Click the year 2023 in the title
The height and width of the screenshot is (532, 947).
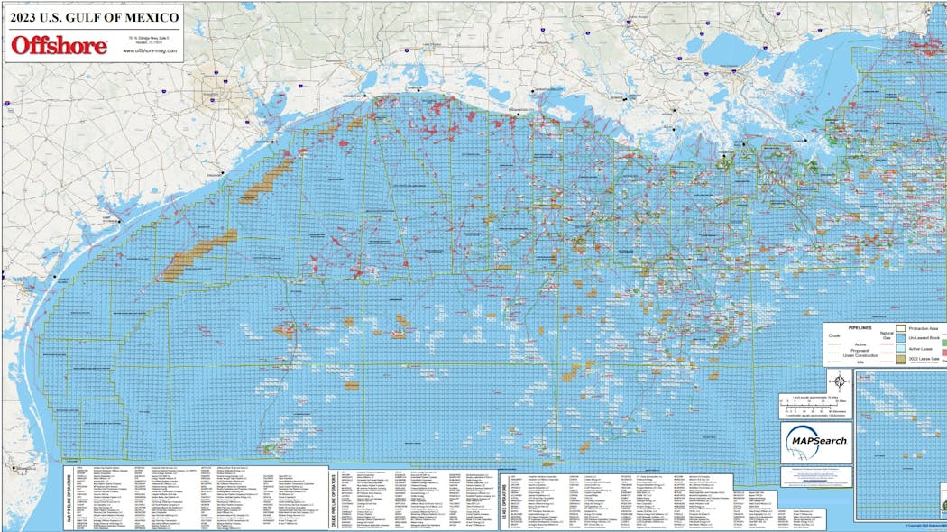tap(23, 16)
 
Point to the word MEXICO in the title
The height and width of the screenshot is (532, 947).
tap(149, 16)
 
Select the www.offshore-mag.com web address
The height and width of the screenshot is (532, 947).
tap(148, 50)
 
